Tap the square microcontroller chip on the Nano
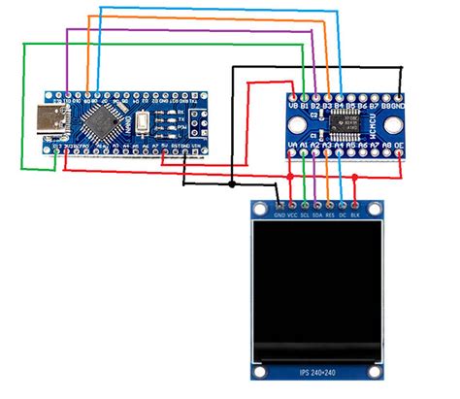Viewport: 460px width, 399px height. tap(103, 123)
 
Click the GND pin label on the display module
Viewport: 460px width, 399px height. tap(280, 215)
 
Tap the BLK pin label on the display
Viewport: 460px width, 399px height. tap(356, 215)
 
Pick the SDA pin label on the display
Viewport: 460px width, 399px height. tap(318, 215)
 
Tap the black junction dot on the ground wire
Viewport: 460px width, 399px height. tap(232, 183)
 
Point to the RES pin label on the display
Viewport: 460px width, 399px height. tap(331, 215)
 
